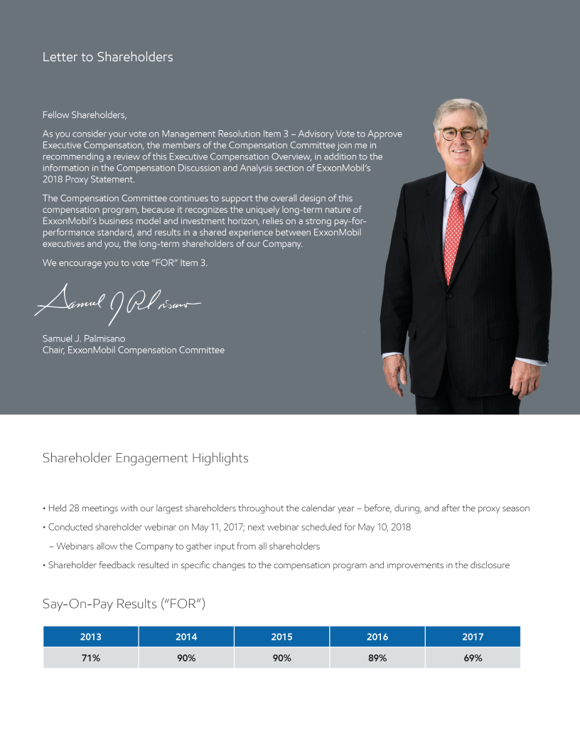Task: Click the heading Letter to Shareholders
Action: pyautogui.click(x=107, y=57)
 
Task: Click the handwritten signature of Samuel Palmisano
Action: pyautogui.click(x=117, y=302)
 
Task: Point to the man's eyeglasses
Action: pyautogui.click(x=460, y=134)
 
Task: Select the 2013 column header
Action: pyautogui.click(x=90, y=637)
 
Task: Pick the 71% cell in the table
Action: pyautogui.click(x=90, y=658)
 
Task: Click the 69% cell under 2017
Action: pyautogui.click(x=473, y=658)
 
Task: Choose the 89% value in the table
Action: pyautogui.click(x=377, y=658)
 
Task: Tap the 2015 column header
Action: pyautogui.click(x=281, y=637)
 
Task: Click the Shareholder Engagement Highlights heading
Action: pyautogui.click(x=145, y=458)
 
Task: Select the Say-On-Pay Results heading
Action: pyautogui.click(x=124, y=604)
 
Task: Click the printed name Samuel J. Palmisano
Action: pyautogui.click(x=84, y=339)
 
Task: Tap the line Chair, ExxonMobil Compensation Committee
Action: pyautogui.click(x=134, y=350)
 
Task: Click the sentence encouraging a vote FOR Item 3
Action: pyautogui.click(x=125, y=262)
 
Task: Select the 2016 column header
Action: pyautogui.click(x=377, y=637)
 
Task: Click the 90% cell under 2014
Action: pyautogui.click(x=186, y=658)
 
